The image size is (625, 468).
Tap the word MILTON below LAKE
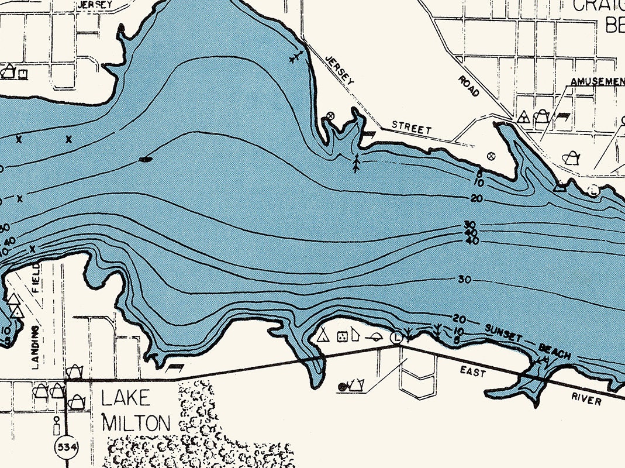click(x=137, y=422)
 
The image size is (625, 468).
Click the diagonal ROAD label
click(x=469, y=85)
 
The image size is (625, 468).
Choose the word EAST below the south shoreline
click(x=472, y=372)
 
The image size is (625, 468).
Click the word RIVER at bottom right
click(x=586, y=400)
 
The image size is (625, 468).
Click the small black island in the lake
click(x=146, y=158)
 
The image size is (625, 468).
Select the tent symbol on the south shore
click(x=322, y=335)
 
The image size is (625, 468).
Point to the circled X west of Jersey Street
click(x=330, y=116)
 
